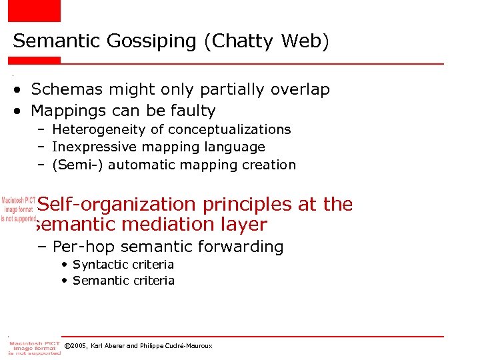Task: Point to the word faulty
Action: (189, 111)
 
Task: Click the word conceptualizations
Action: (229, 129)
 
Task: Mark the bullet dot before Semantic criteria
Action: (65, 281)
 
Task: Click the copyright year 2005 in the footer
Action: (80, 346)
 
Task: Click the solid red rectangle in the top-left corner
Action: (34, 11)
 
